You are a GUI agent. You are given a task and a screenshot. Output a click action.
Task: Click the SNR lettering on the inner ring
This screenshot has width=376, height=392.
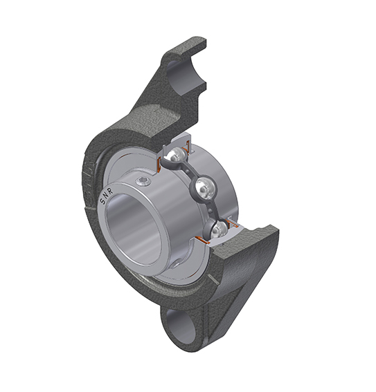[x=107, y=198]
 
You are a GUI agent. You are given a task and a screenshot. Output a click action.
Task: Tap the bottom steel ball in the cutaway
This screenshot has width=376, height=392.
[x=218, y=230]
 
